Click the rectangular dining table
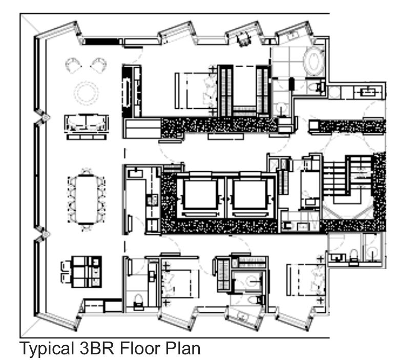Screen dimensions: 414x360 [87, 199]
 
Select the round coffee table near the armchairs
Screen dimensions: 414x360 [86, 93]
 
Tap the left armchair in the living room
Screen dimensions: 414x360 [73, 65]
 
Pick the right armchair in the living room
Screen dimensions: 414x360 [98, 65]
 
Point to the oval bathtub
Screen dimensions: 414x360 [314, 62]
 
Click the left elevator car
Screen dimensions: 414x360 [201, 195]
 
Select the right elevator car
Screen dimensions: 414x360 [250, 195]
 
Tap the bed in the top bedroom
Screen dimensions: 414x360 [196, 91]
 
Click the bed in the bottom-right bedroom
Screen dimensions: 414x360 [306, 279]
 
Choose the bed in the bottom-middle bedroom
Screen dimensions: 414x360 [179, 284]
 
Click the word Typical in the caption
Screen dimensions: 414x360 [47, 349]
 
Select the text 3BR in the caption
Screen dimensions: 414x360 [97, 348]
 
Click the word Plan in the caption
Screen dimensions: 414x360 [183, 348]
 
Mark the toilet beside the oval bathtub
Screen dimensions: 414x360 [317, 87]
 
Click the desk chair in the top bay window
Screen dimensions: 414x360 [243, 39]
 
